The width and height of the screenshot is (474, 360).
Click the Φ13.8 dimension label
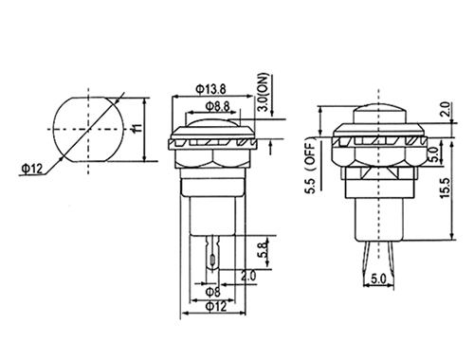[210, 89]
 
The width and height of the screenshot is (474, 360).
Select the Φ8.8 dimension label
[218, 106]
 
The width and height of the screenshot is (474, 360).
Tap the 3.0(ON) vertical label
[263, 92]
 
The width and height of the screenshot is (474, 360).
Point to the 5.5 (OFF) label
[310, 166]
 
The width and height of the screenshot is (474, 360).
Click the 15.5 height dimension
[445, 189]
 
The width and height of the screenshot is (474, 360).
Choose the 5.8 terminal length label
[264, 249]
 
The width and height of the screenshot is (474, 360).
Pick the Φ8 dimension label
[213, 292]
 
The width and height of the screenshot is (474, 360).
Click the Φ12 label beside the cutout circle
[31, 169]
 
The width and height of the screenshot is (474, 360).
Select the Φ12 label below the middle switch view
[216, 306]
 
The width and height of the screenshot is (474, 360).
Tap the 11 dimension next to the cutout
[137, 128]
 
